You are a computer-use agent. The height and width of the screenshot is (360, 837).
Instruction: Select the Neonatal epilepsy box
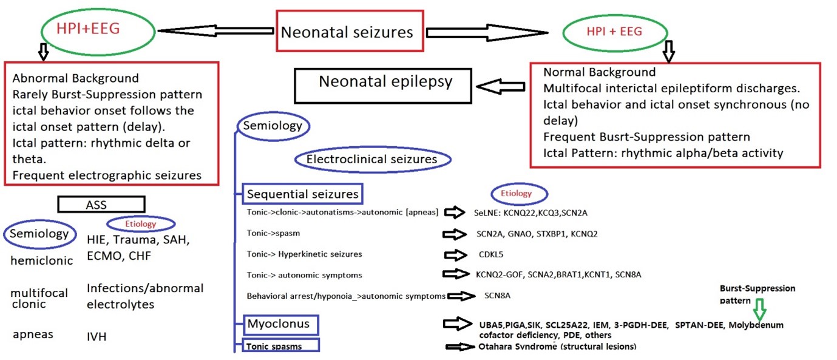coord(385,83)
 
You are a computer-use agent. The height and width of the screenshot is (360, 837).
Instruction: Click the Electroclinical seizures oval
coord(372,160)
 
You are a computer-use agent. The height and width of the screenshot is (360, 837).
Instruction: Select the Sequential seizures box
coord(302,195)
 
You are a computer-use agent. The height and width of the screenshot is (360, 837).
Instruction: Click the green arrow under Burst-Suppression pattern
coord(759,310)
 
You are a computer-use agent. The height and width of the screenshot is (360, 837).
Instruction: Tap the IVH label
coord(97,336)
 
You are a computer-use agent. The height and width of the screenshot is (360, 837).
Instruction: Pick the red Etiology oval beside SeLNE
coord(516,194)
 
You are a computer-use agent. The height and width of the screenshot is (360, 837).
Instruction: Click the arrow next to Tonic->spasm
coord(456,234)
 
